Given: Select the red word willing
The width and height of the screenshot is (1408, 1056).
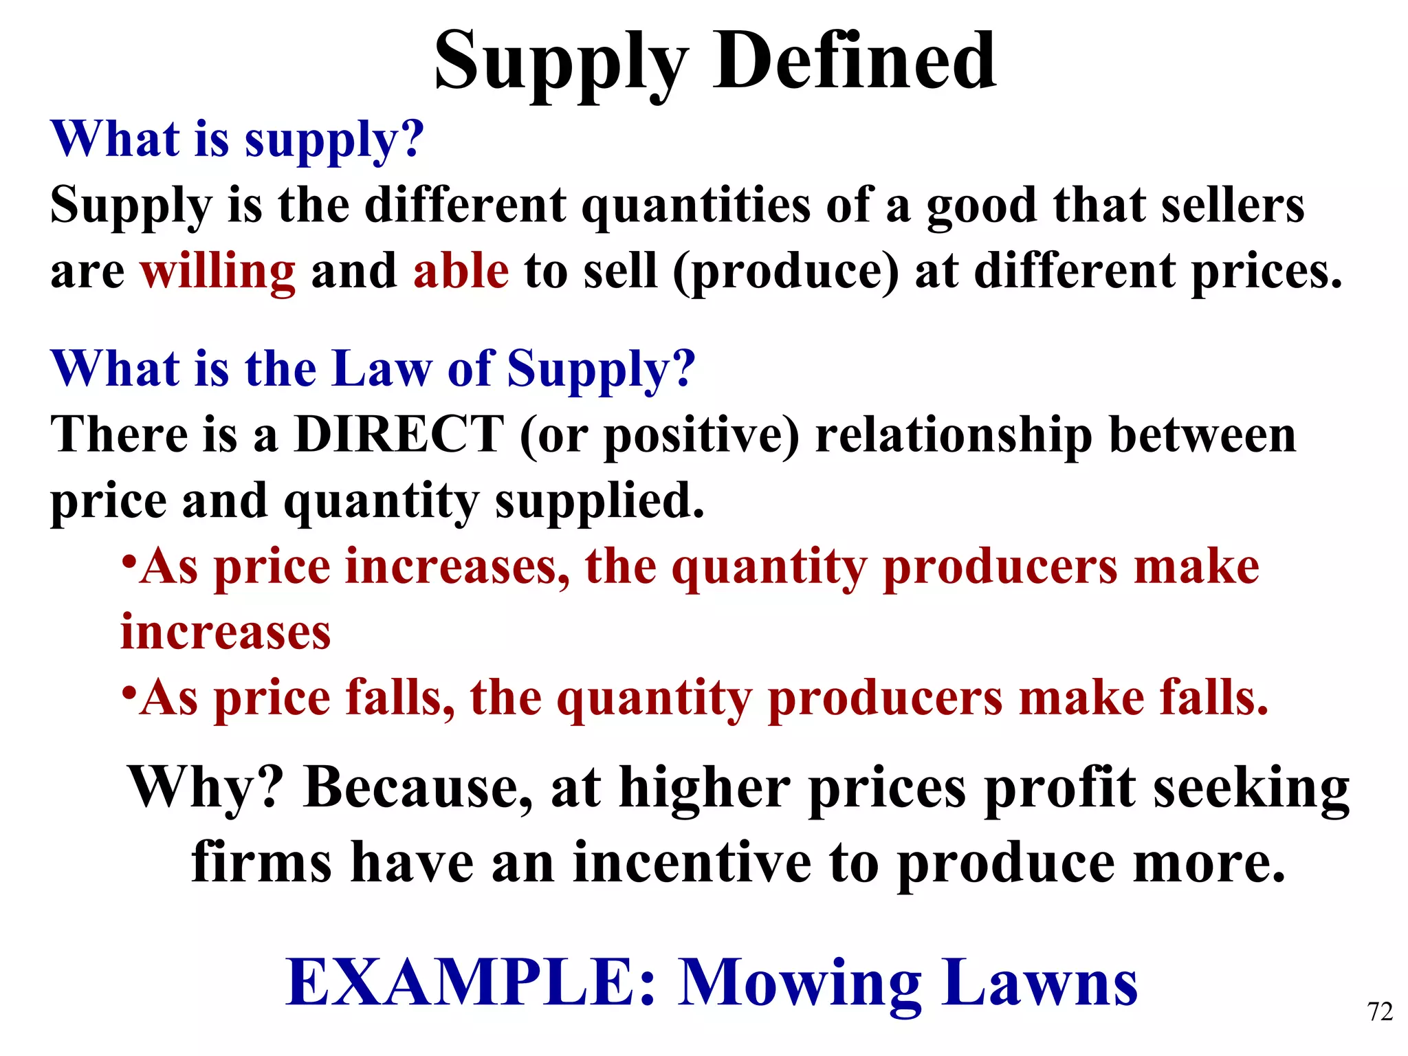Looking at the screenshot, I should point(218,272).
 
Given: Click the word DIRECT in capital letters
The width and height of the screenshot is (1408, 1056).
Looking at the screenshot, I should point(399,434).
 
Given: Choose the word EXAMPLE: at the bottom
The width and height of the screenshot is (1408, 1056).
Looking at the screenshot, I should point(472,982).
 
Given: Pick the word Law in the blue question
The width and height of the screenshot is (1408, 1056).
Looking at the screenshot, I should point(382,368).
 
